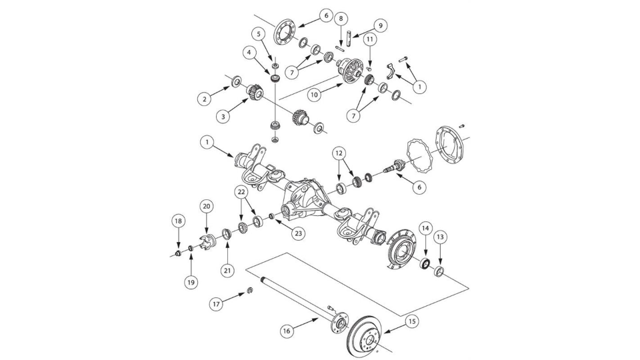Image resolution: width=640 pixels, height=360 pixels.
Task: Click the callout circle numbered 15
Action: pyautogui.click(x=413, y=321)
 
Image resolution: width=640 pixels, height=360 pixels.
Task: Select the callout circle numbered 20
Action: pyautogui.click(x=206, y=206)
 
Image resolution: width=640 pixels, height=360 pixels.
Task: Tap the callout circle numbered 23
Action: pyautogui.click(x=298, y=233)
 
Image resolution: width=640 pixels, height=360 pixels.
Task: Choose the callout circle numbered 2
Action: pyautogui.click(x=204, y=99)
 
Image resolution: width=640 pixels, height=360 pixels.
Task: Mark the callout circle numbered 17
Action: pyautogui.click(x=216, y=304)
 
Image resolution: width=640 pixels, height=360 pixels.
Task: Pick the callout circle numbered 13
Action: pyautogui.click(x=440, y=237)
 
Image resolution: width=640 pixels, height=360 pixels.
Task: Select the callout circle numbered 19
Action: pyautogui.click(x=191, y=282)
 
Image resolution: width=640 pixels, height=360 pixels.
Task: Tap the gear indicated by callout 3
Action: pyautogui.click(x=254, y=92)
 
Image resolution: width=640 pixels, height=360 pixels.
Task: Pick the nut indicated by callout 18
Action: pyautogui.click(x=178, y=253)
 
